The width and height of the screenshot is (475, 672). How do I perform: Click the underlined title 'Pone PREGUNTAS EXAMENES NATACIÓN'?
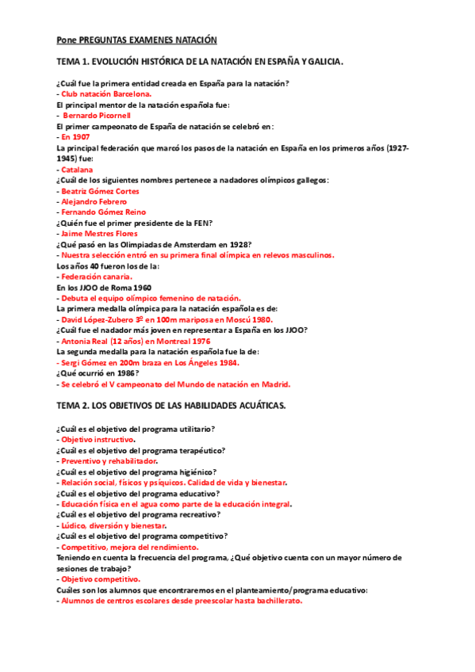click(136, 40)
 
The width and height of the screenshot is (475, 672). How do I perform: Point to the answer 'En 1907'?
click(75, 137)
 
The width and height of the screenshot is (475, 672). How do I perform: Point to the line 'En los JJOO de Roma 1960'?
click(104, 287)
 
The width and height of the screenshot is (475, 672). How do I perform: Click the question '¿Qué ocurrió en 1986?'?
click(98, 372)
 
